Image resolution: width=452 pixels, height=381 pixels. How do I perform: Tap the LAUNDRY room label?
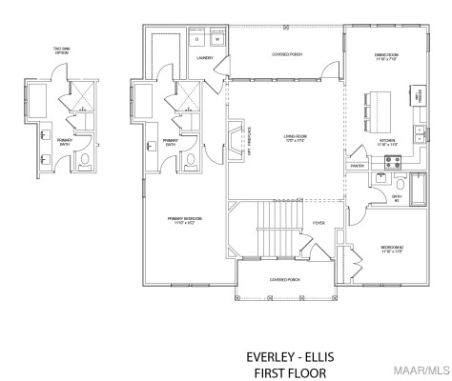[x=204, y=58]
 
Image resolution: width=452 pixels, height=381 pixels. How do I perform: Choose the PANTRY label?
[x=359, y=166]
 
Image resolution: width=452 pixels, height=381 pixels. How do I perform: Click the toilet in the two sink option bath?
[x=82, y=158]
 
